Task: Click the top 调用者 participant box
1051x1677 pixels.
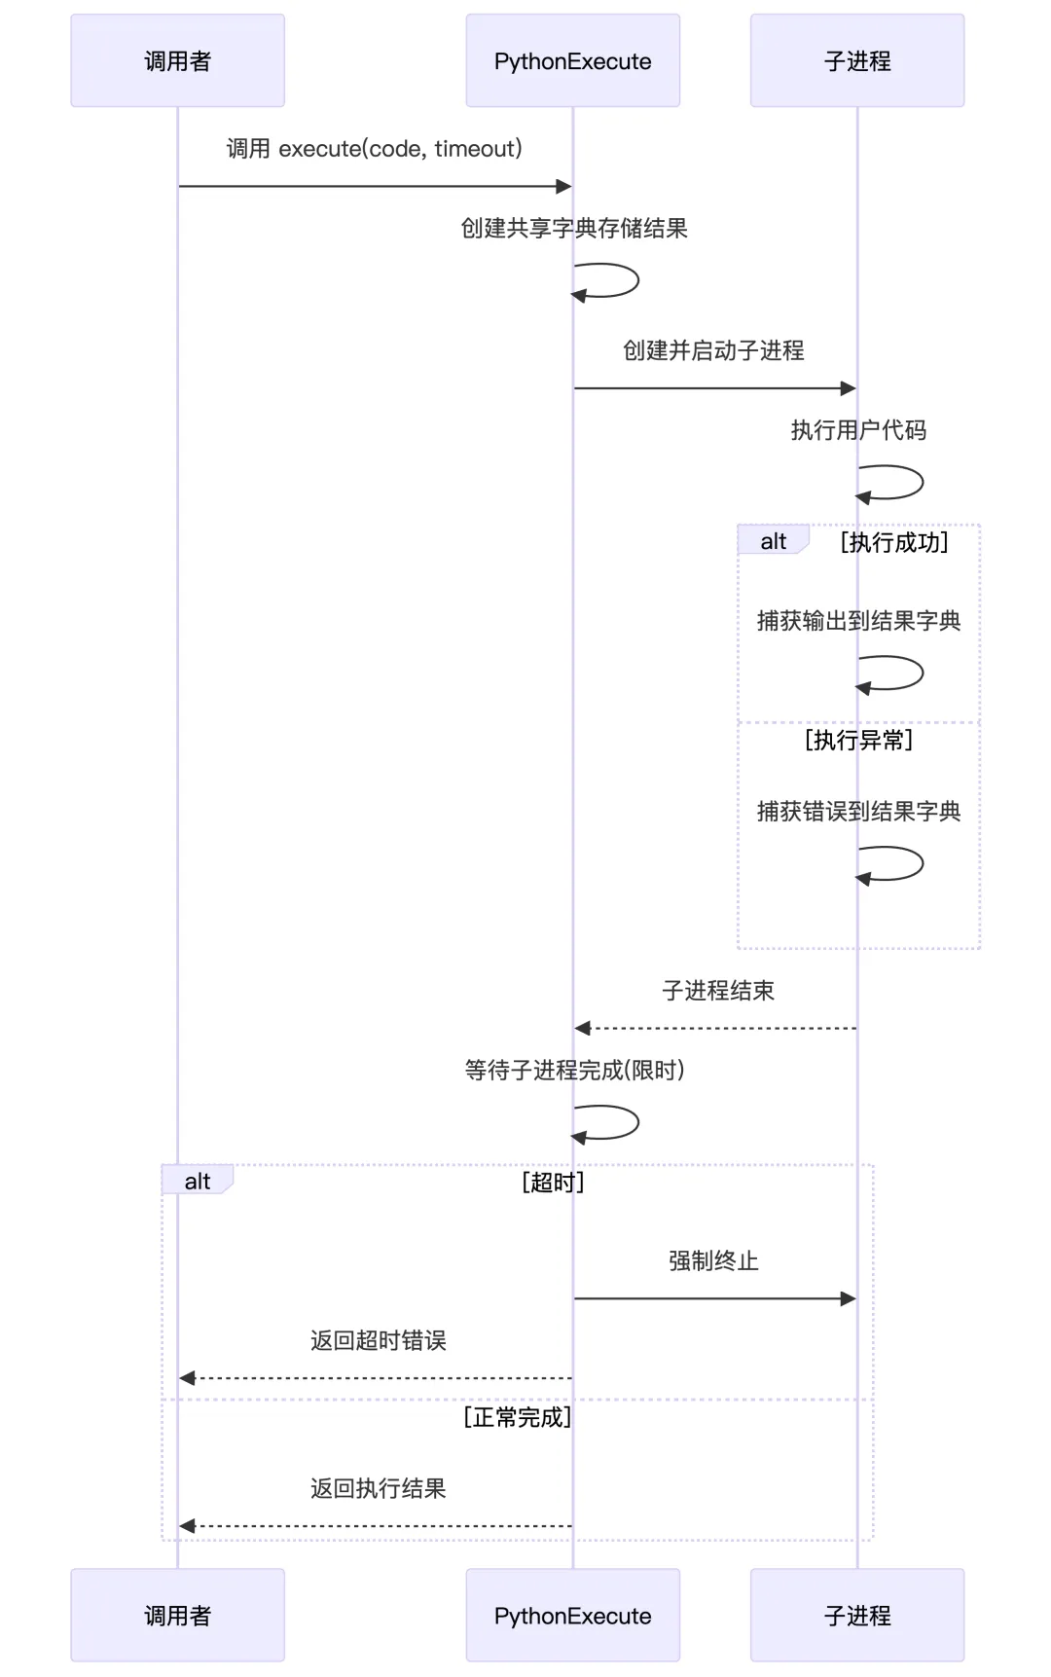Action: pyautogui.click(x=177, y=60)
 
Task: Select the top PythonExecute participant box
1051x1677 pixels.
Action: pyautogui.click(x=572, y=60)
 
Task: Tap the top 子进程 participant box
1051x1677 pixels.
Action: pyautogui.click(x=856, y=60)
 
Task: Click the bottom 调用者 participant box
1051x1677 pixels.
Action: pyautogui.click(x=177, y=1615)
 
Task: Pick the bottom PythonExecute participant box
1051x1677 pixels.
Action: pyautogui.click(x=572, y=1615)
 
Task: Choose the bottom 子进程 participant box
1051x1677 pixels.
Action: pyautogui.click(x=856, y=1615)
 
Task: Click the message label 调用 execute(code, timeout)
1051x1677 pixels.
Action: pyautogui.click(x=374, y=149)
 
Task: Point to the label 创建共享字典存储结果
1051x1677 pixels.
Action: pyautogui.click(x=574, y=229)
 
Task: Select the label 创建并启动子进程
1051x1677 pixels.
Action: pyautogui.click(x=713, y=350)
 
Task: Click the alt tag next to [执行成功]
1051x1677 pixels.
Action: pyautogui.click(x=773, y=541)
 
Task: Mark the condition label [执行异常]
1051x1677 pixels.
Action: pyautogui.click(x=858, y=741)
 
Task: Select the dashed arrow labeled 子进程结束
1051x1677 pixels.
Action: pyautogui.click(x=715, y=1028)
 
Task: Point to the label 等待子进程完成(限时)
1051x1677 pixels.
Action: pyautogui.click(x=574, y=1071)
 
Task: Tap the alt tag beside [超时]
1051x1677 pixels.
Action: pyautogui.click(x=197, y=1182)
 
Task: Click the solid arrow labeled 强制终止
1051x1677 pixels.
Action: pyautogui.click(x=715, y=1298)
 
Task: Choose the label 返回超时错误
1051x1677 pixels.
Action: pyautogui.click(x=378, y=1341)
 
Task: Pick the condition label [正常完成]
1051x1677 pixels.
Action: pyautogui.click(x=517, y=1418)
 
